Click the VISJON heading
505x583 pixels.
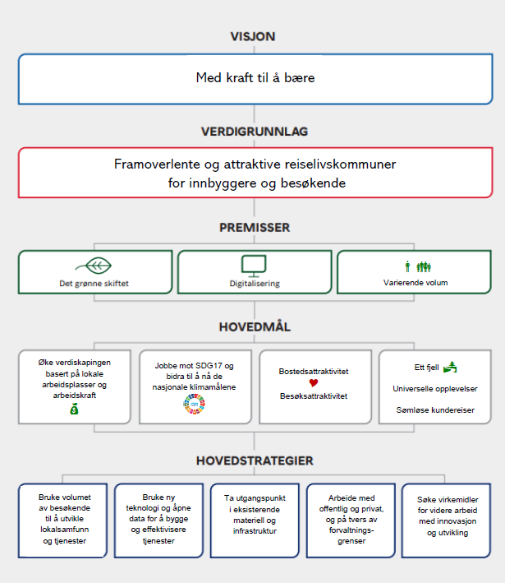[253, 36]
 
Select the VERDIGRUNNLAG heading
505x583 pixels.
[255, 132]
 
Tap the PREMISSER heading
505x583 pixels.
[255, 228]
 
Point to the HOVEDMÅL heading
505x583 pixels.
[255, 326]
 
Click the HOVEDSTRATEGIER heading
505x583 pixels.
[255, 460]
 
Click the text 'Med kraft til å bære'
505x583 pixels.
[255, 78]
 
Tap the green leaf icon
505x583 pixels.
[94, 266]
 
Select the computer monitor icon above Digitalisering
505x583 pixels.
[254, 266]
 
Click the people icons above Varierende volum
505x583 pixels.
[418, 266]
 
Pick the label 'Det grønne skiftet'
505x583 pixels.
[94, 284]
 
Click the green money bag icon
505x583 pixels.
[74, 409]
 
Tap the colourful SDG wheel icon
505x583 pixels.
[195, 404]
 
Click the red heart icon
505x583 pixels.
[314, 382]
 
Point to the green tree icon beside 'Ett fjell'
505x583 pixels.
[450, 367]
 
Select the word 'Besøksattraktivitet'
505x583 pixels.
[314, 396]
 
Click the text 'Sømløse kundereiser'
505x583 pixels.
[435, 410]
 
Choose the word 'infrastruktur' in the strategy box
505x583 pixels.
[255, 531]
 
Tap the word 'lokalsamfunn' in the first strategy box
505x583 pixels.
[65, 529]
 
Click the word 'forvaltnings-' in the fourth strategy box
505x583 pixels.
[351, 530]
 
